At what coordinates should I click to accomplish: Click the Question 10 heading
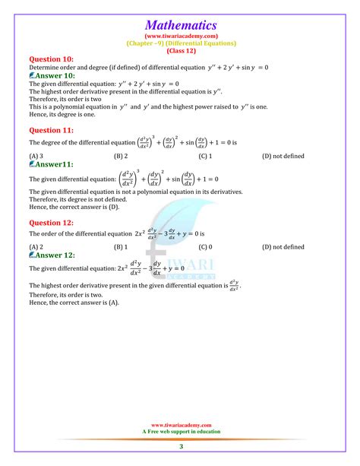[52, 58]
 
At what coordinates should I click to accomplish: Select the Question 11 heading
[52, 129]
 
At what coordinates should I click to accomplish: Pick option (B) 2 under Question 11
[120, 156]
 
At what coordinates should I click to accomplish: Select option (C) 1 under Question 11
[205, 156]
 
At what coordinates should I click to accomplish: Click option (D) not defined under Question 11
[283, 156]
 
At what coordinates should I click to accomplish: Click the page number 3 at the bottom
[181, 446]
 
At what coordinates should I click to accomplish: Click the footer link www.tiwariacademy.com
[181, 425]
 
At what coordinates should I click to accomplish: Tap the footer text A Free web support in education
[181, 431]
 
